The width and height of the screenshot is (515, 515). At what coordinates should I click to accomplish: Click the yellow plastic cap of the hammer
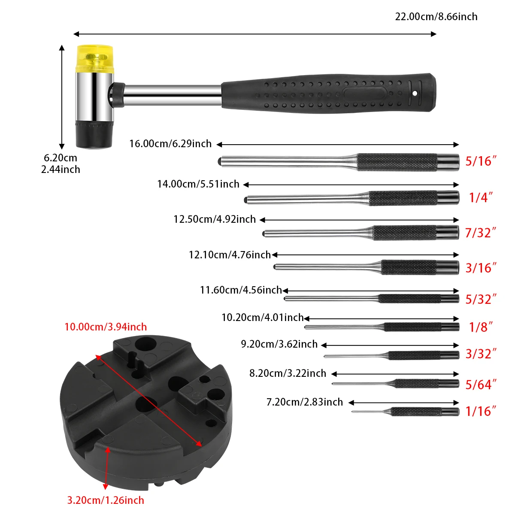pyautogui.click(x=95, y=59)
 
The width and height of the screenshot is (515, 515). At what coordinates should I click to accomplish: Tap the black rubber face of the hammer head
pyautogui.click(x=94, y=134)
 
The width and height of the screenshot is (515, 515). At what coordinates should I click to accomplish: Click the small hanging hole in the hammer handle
pyautogui.click(x=415, y=93)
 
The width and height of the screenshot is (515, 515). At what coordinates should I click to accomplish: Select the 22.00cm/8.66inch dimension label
pyautogui.click(x=436, y=17)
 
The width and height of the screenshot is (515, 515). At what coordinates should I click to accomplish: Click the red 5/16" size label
pyautogui.click(x=481, y=161)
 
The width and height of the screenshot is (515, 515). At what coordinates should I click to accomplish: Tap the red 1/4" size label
pyautogui.click(x=481, y=197)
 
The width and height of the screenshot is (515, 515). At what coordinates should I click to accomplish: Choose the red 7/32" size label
pyautogui.click(x=481, y=233)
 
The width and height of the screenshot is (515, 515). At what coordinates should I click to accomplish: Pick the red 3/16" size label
pyautogui.click(x=481, y=268)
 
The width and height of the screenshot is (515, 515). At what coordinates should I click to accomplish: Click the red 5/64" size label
pyautogui.click(x=481, y=385)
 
